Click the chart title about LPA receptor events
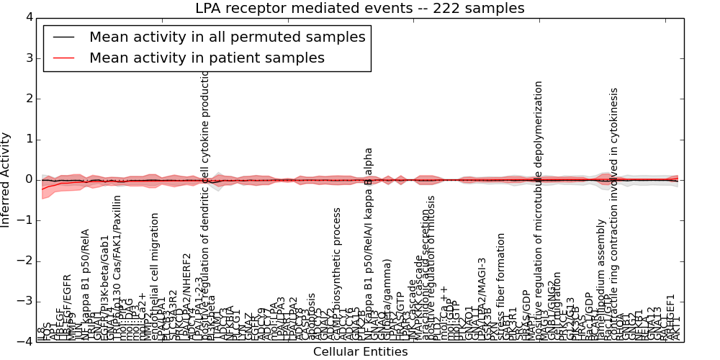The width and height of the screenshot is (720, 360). coord(359,9)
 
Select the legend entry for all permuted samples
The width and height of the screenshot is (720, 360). coord(227,37)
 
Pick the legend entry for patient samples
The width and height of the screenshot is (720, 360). coord(207,58)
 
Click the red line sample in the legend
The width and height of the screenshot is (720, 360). coord(63,58)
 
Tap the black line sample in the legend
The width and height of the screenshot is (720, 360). coord(63,37)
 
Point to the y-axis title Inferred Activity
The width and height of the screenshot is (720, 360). coord(6,179)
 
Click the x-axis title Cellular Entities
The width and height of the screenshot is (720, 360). coord(360,352)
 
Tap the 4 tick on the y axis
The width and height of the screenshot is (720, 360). coord(28,17)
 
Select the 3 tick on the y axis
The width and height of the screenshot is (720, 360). coord(28,58)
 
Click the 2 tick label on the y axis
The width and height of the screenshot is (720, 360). coord(28,99)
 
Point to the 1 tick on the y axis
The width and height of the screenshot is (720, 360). coord(28,139)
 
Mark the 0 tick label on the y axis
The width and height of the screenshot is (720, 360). coord(28,179)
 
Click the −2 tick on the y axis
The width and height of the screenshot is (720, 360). coord(24,261)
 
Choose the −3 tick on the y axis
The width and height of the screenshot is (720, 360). coord(24,301)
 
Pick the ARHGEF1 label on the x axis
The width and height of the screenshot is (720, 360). coord(671,317)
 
